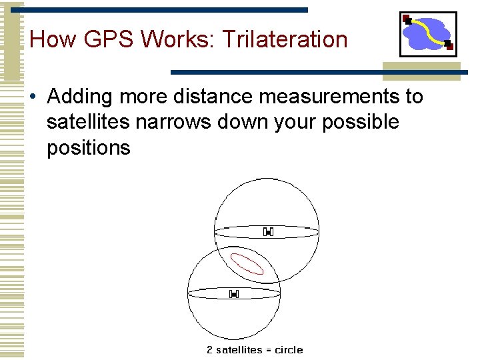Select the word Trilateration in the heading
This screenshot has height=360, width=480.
285,39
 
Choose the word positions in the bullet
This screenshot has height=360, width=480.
89,147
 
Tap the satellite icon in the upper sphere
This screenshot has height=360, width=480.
268,232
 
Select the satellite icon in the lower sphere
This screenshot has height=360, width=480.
234,294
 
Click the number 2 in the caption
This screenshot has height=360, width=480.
209,350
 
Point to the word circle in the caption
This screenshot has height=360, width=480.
289,350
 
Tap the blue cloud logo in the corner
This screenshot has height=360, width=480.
427,34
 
